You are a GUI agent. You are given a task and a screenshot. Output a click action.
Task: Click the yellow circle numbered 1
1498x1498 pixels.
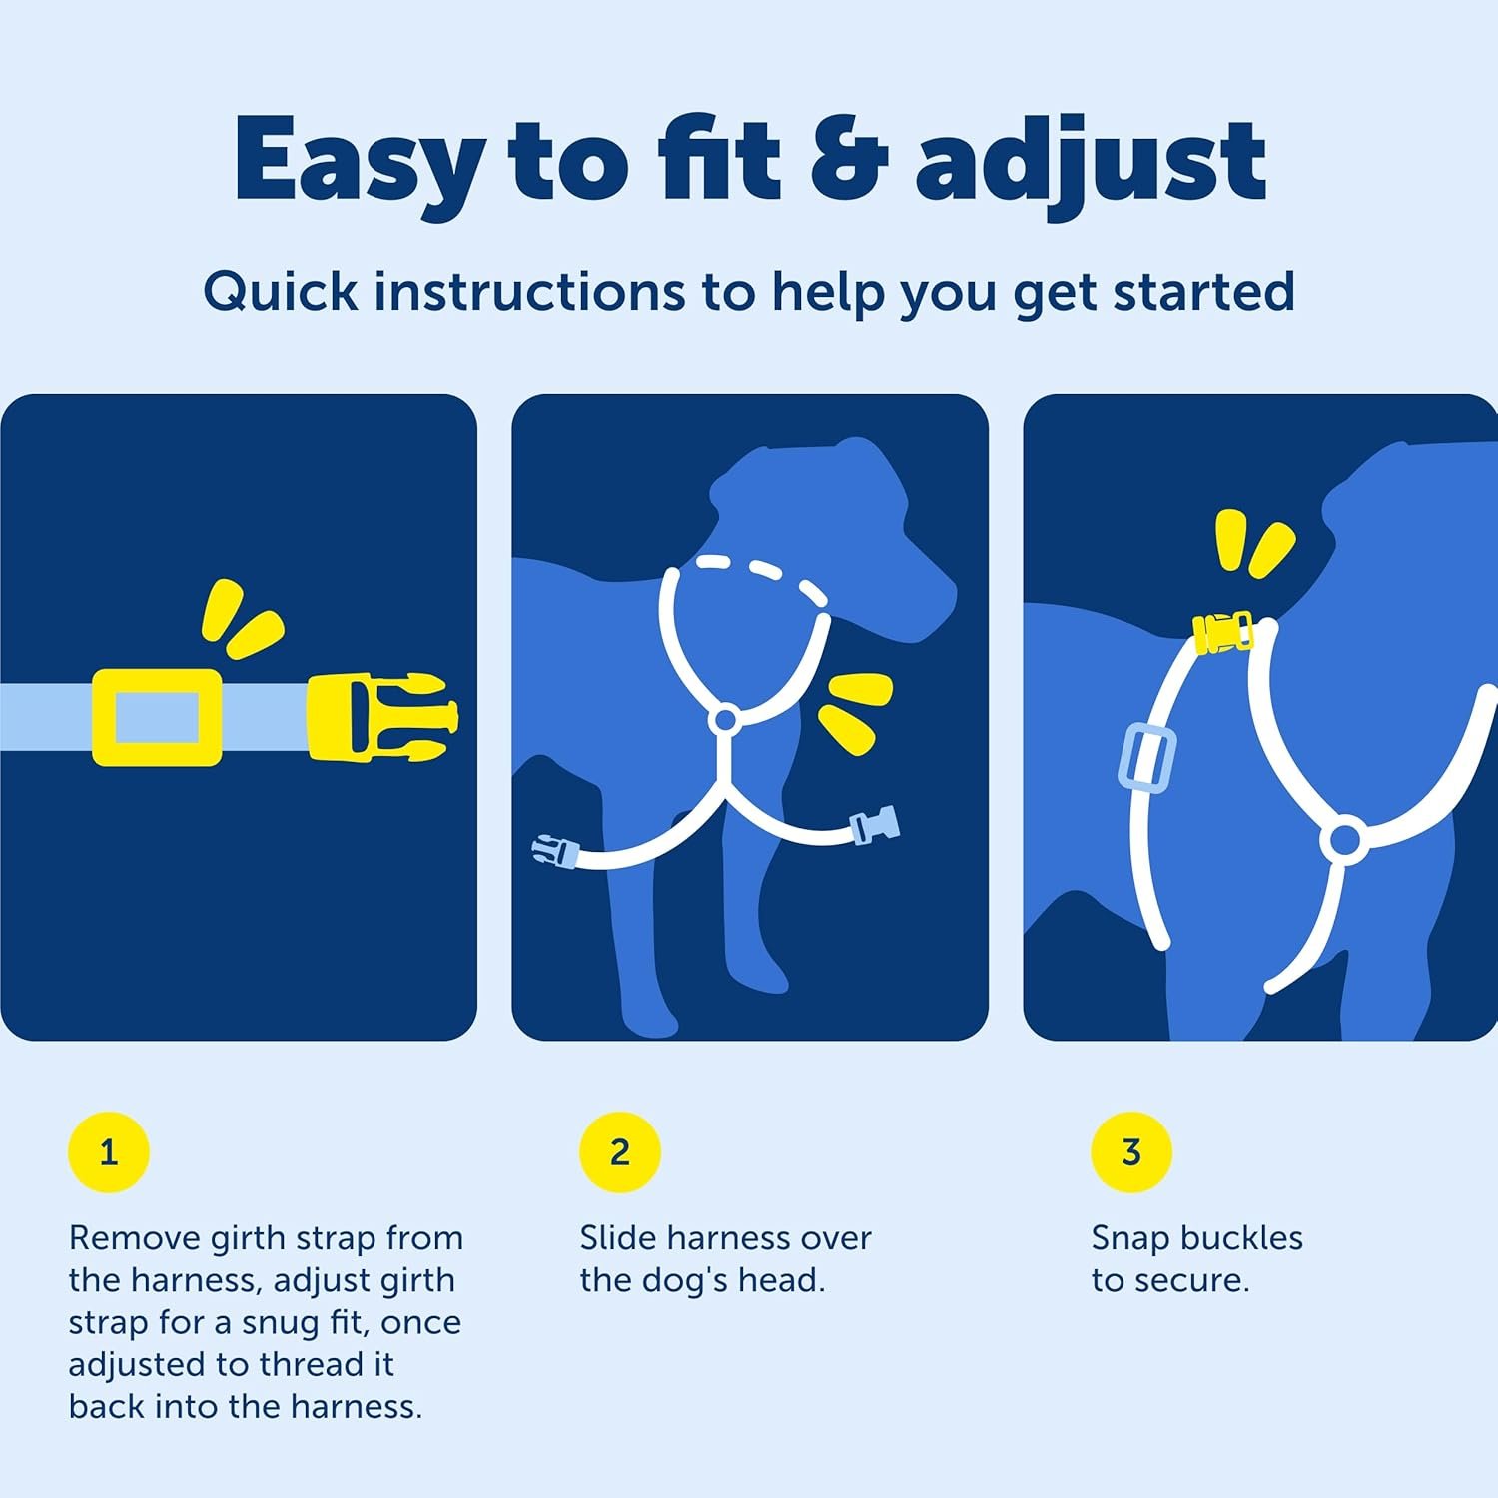[x=109, y=1151]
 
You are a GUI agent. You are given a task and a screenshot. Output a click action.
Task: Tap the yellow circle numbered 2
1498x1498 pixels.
[x=620, y=1151]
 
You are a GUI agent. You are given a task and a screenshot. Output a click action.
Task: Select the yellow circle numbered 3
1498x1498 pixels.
[x=1131, y=1151]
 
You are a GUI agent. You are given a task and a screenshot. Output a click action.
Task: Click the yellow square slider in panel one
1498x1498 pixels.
[x=157, y=717]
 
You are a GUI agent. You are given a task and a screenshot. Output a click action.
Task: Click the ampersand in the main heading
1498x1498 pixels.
[x=848, y=160]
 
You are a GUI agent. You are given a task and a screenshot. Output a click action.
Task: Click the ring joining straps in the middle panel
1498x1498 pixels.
[x=725, y=720]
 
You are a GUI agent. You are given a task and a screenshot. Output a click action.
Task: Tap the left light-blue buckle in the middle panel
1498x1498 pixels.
[x=555, y=852]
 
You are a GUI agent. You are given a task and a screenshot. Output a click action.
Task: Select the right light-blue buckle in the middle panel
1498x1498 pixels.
[x=874, y=826]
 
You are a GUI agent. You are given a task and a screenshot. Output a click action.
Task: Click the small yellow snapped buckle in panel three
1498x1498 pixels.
[x=1223, y=632]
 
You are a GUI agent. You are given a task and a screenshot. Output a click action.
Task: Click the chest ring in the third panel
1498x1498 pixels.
[x=1344, y=840]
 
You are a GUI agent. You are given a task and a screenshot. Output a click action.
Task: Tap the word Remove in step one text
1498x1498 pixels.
[x=134, y=1238]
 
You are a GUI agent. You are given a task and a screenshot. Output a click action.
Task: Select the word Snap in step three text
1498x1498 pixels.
[x=1129, y=1238]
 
